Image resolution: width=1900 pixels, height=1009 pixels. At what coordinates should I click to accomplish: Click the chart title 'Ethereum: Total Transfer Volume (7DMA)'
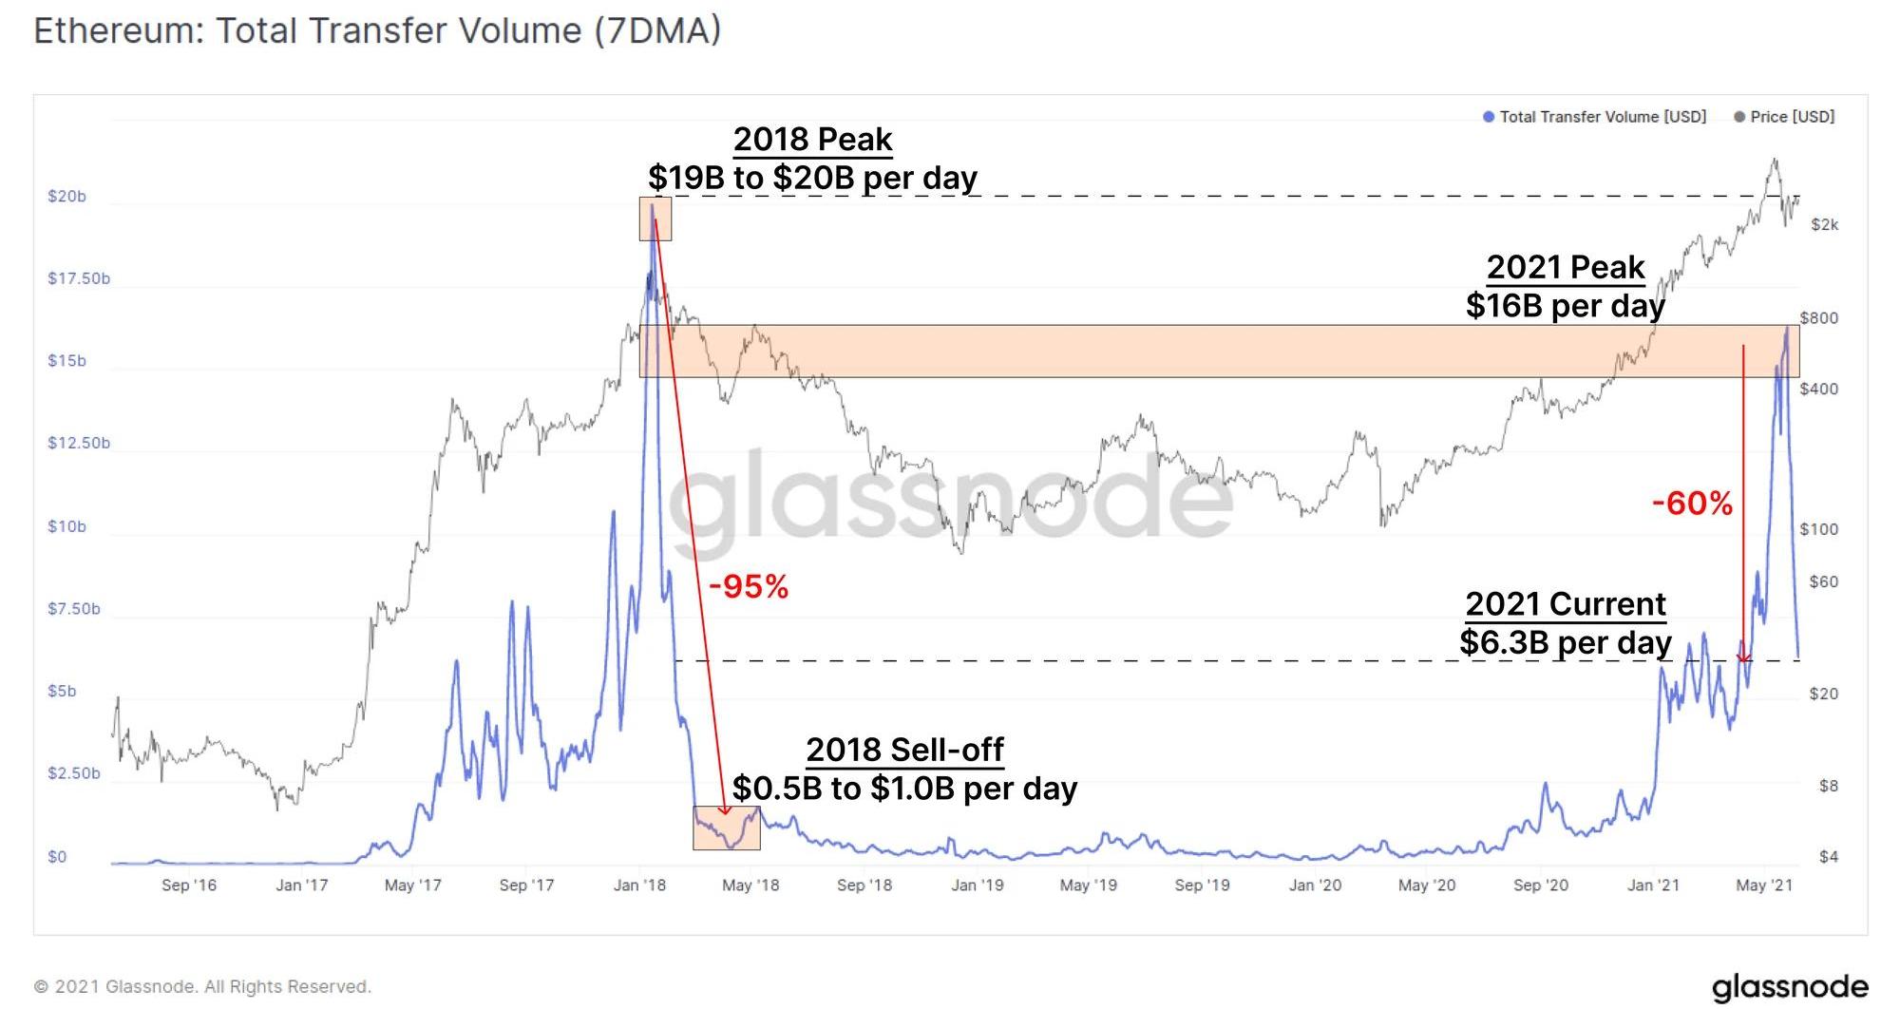pyautogui.click(x=377, y=31)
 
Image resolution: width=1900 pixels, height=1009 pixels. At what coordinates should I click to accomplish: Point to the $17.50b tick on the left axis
pyautogui.click(x=79, y=278)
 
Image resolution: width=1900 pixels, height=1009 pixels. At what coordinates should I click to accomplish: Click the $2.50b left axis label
pyautogui.click(x=74, y=773)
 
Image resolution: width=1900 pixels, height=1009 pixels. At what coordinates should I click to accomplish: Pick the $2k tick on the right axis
pyautogui.click(x=1824, y=225)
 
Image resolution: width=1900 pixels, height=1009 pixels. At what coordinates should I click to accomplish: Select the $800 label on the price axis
pyautogui.click(x=1818, y=318)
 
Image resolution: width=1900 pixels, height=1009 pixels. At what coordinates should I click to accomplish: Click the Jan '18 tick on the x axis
pyautogui.click(x=639, y=885)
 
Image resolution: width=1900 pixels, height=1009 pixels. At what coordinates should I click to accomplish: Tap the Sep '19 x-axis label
pyautogui.click(x=1202, y=885)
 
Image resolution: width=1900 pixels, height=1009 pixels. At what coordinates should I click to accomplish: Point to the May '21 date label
pyautogui.click(x=1764, y=885)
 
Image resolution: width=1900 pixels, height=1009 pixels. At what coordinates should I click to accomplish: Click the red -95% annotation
pyautogui.click(x=749, y=587)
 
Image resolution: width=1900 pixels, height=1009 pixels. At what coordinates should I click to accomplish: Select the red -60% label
pyautogui.click(x=1692, y=504)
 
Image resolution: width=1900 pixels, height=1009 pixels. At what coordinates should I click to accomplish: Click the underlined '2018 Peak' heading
pyautogui.click(x=812, y=140)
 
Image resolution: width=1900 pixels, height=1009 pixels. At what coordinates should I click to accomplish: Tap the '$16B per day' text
pyautogui.click(x=1565, y=306)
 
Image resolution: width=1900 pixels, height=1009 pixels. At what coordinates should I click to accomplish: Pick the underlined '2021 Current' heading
pyautogui.click(x=1566, y=604)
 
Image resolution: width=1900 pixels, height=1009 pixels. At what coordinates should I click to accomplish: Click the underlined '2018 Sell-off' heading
pyautogui.click(x=904, y=750)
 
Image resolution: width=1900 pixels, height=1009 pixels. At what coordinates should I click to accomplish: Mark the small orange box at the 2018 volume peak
pyautogui.click(x=655, y=219)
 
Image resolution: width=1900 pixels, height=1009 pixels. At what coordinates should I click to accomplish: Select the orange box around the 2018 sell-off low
pyautogui.click(x=727, y=828)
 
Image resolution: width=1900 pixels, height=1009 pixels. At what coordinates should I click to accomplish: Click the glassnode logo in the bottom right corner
pyautogui.click(x=1790, y=987)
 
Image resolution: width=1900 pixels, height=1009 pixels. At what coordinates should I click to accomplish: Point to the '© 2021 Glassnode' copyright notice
pyautogui.click(x=202, y=987)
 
